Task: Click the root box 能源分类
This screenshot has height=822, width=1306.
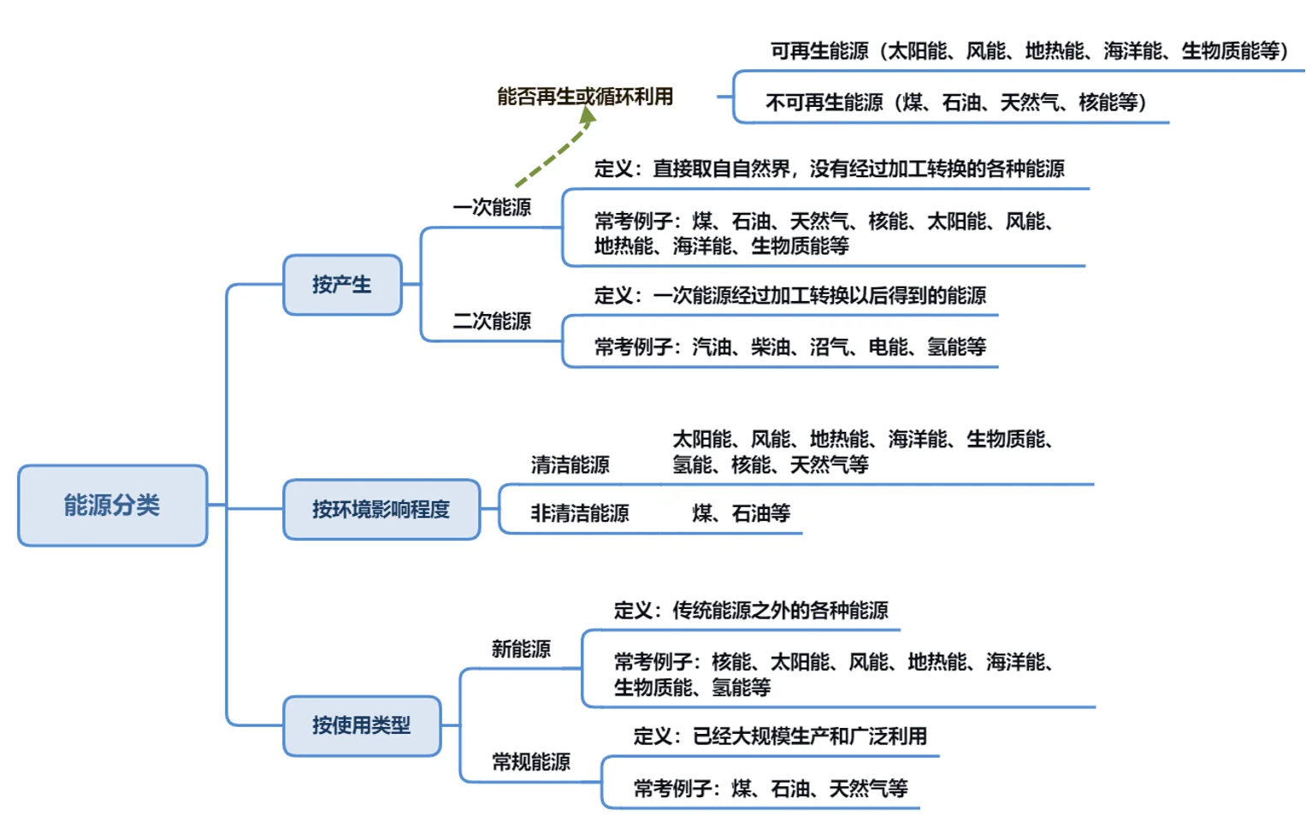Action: [112, 506]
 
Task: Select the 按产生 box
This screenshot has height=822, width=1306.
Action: [342, 285]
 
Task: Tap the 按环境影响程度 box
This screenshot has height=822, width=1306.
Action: [381, 510]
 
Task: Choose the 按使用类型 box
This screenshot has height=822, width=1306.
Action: [361, 725]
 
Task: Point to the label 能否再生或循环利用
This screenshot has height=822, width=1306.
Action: [585, 97]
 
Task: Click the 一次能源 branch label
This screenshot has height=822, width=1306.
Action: [492, 207]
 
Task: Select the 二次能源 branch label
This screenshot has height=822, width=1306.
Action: [492, 321]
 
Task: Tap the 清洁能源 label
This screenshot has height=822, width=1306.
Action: [570, 464]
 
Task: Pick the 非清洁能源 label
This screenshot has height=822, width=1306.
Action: [579, 513]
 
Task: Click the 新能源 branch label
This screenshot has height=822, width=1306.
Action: [521, 648]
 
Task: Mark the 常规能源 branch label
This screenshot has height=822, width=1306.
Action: [530, 761]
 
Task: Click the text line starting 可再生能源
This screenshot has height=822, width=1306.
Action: [1029, 51]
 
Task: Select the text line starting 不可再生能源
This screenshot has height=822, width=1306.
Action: [955, 103]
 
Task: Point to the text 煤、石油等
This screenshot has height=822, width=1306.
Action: [741, 513]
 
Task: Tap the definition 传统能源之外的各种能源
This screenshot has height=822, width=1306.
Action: [751, 610]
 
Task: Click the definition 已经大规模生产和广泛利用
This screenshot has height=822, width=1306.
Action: [780, 736]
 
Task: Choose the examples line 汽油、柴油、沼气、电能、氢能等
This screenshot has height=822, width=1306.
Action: [790, 346]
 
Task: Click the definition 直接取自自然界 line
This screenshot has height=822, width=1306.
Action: [829, 169]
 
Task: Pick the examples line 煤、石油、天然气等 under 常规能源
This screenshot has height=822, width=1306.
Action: [770, 788]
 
